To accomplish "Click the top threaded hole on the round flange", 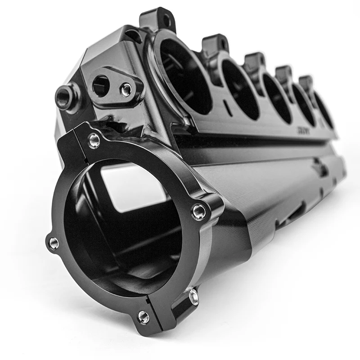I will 94,140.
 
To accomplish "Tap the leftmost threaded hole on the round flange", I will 54,243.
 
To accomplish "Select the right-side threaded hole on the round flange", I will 199,211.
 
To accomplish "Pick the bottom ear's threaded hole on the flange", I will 144,317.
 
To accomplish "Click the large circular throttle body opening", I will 121,229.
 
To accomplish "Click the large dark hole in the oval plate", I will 101,85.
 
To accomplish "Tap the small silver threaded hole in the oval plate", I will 126,90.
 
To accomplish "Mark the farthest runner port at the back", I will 324,111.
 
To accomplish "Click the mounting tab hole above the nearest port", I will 166,20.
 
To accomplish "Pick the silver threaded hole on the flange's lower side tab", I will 194,297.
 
